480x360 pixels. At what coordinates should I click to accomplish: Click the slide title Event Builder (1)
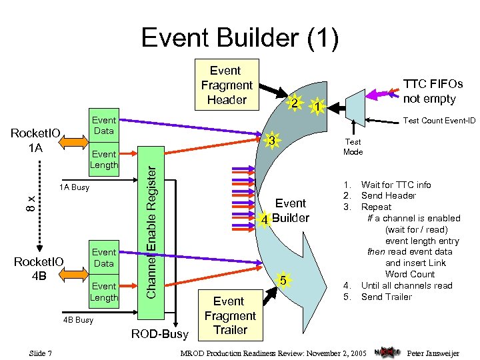click(x=240, y=37)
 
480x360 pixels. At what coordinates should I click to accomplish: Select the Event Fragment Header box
click(x=226, y=85)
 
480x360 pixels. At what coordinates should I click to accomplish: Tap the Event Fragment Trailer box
click(x=230, y=315)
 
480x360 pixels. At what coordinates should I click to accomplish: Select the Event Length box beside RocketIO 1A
click(x=104, y=159)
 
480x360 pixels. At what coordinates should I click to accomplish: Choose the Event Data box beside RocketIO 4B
click(x=104, y=257)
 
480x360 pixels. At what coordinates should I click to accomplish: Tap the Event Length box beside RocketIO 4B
click(x=104, y=291)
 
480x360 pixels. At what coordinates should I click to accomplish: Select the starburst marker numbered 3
click(x=270, y=141)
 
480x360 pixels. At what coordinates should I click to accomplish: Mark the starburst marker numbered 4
click(x=265, y=219)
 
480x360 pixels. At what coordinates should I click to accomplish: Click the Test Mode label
click(x=353, y=146)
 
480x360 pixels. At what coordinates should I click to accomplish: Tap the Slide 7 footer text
click(x=41, y=353)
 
